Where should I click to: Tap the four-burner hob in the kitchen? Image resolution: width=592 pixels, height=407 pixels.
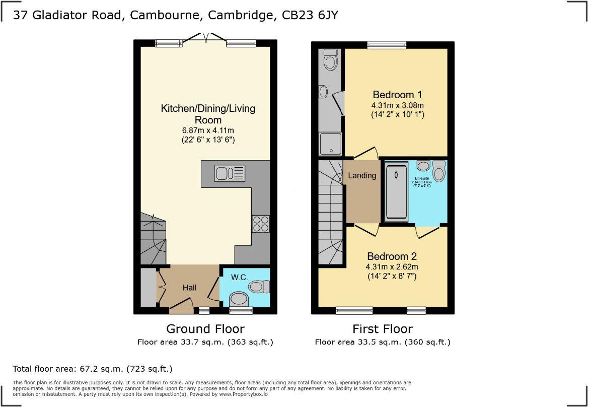point(261,224)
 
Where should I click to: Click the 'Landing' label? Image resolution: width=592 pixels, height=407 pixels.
point(362,176)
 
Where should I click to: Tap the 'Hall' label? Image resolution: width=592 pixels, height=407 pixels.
point(189,288)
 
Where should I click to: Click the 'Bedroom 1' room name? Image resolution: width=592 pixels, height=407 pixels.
point(397,95)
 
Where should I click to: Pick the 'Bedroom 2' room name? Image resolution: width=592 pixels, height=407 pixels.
point(392,256)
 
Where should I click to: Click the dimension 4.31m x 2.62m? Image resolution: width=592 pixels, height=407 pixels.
point(392,266)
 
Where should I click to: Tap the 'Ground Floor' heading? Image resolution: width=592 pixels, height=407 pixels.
point(205,329)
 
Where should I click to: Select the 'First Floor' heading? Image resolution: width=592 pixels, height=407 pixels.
point(382,329)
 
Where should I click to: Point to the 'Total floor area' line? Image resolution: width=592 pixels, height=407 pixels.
point(93,369)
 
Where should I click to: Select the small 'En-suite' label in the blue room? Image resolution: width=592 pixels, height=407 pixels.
point(422,178)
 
